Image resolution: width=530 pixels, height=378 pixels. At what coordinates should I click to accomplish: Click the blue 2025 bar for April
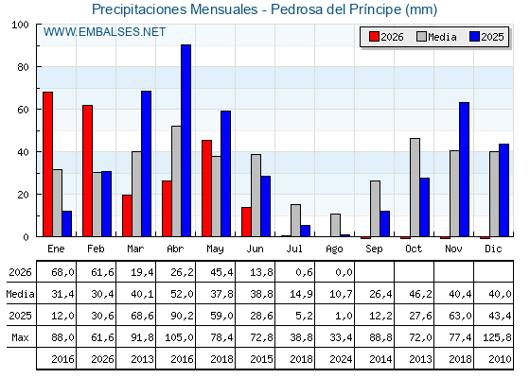tap(185, 141)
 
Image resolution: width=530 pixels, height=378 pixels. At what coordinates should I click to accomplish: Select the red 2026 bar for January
tap(47, 164)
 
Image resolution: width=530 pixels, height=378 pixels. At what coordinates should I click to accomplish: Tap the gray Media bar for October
tap(415, 187)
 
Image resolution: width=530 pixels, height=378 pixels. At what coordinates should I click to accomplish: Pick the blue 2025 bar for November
tap(464, 169)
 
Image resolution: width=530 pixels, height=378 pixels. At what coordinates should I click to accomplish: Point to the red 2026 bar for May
tap(207, 188)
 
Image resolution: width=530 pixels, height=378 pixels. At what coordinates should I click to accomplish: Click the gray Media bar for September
tap(375, 209)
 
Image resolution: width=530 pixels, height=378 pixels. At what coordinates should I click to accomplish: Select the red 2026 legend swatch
tap(374, 37)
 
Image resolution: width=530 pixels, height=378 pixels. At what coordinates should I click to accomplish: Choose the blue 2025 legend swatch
tap(474, 37)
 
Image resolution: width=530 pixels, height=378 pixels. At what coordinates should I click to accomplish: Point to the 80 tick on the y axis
tap(23, 67)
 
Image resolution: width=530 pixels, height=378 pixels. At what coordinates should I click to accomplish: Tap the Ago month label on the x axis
tap(334, 249)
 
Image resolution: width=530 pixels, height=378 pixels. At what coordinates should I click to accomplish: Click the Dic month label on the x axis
tap(493, 249)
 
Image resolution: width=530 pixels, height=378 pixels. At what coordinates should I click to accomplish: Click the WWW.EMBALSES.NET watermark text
tap(104, 32)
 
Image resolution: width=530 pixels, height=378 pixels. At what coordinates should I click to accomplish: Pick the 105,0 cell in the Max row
tap(179, 337)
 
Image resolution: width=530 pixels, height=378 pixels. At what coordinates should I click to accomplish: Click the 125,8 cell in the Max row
tap(497, 337)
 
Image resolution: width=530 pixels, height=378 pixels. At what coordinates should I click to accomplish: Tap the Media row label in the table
tap(20, 294)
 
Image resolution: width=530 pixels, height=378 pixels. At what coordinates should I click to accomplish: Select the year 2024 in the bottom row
tap(341, 359)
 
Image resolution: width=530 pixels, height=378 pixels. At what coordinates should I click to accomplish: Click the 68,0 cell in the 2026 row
tap(62, 272)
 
